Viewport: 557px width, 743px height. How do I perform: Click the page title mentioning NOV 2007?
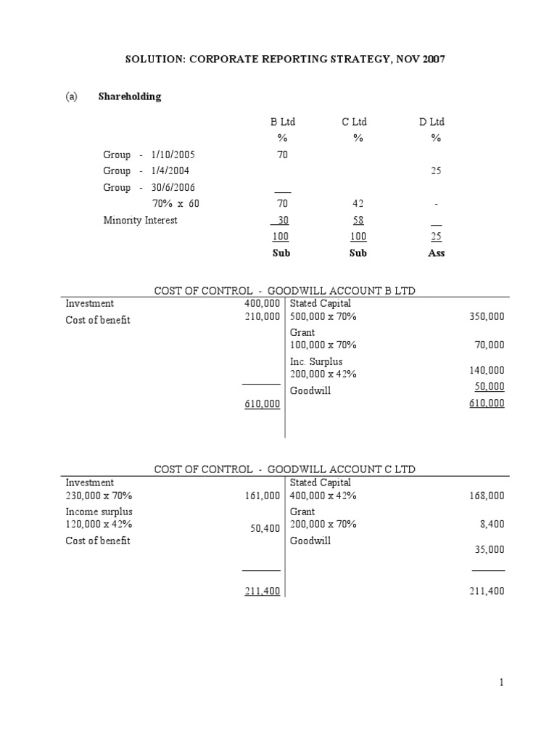[278, 59]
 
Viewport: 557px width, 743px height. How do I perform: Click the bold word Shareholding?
[130, 97]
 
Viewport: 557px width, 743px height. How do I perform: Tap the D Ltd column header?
[432, 123]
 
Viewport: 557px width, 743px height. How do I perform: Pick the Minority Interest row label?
[141, 221]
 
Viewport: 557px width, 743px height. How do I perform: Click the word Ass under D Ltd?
[436, 253]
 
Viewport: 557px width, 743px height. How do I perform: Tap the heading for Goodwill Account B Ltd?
[285, 290]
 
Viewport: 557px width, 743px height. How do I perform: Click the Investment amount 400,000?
[263, 303]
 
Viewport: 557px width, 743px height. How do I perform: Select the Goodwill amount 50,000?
[489, 387]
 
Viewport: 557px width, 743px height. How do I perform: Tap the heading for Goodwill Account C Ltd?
[285, 469]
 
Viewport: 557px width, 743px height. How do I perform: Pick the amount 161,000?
[263, 496]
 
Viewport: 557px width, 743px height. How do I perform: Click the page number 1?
[500, 683]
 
